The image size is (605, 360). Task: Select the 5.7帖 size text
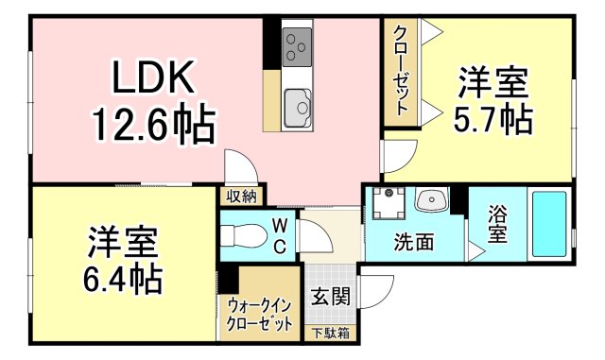click(493, 120)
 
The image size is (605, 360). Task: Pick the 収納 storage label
click(241, 197)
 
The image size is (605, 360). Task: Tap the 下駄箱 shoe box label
click(330, 333)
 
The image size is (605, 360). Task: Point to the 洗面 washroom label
click(413, 242)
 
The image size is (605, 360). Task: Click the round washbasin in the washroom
click(431, 200)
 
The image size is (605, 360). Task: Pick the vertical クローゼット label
click(401, 70)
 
